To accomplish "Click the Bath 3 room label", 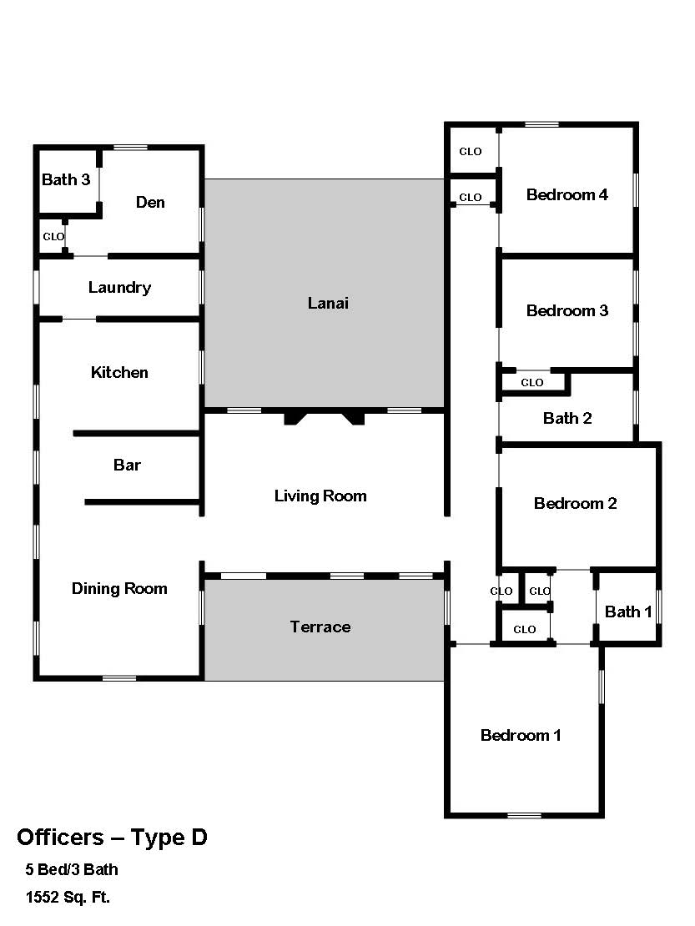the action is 66,179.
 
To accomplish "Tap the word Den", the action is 150,203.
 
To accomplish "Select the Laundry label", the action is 120,288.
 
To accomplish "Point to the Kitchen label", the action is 119,373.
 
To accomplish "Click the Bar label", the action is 127,466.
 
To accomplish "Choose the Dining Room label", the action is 119,589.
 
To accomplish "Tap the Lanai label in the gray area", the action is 328,304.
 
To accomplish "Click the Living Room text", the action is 320,496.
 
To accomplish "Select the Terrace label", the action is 320,627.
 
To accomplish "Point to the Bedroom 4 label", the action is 567,195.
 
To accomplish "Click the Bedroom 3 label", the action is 567,310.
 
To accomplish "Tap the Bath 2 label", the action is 567,419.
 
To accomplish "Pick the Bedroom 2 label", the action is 575,504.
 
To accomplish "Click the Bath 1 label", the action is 628,611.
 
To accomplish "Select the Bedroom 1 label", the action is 521,736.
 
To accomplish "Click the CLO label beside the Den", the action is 53,237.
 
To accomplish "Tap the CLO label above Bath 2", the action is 532,383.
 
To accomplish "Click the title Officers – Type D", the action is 112,838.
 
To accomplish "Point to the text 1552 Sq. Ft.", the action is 68,898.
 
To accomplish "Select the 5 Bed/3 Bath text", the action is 72,870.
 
